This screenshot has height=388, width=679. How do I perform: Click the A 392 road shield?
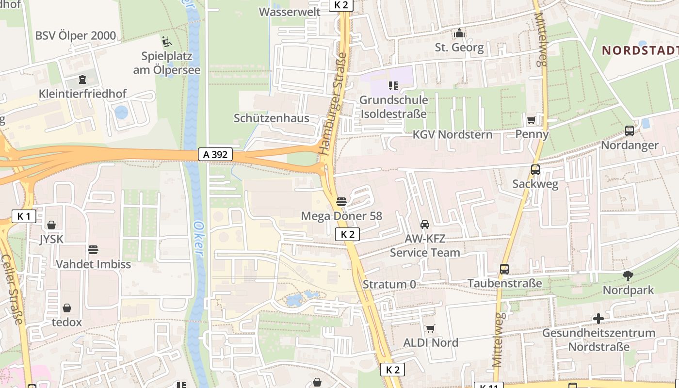point(215,155)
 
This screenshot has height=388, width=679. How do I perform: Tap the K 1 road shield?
point(24,216)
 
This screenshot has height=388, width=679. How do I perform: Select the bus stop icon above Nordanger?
point(629,130)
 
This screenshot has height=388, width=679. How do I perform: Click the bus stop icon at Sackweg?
point(535,170)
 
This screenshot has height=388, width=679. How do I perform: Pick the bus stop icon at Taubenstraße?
point(504,269)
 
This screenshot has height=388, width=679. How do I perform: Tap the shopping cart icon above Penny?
point(532,120)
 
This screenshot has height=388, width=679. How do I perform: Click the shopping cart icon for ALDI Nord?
point(430,328)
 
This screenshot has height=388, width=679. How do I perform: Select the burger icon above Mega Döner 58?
point(341,201)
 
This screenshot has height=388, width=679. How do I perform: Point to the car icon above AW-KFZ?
point(425,224)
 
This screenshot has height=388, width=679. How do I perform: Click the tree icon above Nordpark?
point(628,276)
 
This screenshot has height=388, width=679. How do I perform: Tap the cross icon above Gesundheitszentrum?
point(598,319)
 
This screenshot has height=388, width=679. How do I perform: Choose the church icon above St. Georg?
point(459,33)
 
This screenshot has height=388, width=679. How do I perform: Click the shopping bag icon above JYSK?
point(51,225)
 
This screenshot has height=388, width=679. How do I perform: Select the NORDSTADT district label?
point(640,50)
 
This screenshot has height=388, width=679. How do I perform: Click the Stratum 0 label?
point(389,284)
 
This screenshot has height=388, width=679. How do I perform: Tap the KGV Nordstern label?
point(452,135)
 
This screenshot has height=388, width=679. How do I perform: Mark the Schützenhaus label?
point(271,118)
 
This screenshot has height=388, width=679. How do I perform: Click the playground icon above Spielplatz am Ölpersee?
point(166,41)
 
